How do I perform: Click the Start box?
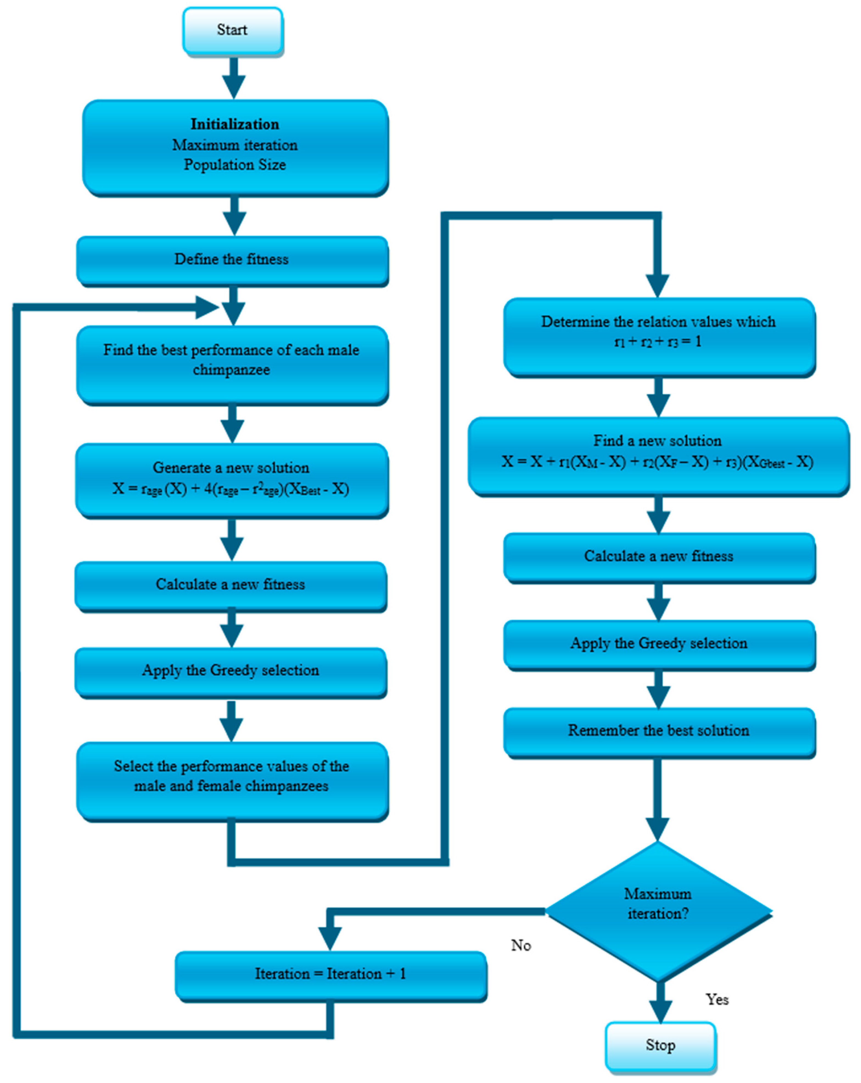pyautogui.click(x=232, y=30)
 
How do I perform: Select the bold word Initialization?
pyautogui.click(x=235, y=124)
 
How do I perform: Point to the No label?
pyautogui.click(x=521, y=945)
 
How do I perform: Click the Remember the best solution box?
pyautogui.click(x=658, y=731)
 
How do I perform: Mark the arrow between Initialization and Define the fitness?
pyautogui.click(x=234, y=216)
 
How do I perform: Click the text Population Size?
pyautogui.click(x=235, y=165)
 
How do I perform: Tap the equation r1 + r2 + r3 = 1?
pyautogui.click(x=658, y=342)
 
